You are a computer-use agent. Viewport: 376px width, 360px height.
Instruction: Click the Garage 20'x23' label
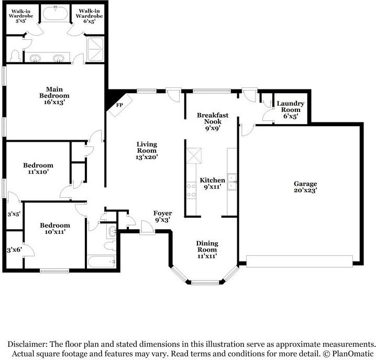pyautogui.click(x=305, y=187)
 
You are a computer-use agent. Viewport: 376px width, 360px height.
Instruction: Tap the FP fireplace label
pyautogui.click(x=119, y=105)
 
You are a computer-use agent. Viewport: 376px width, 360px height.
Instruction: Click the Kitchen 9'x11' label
pyautogui.click(x=213, y=184)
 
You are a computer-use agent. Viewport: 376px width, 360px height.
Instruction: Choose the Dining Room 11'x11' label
pyautogui.click(x=207, y=250)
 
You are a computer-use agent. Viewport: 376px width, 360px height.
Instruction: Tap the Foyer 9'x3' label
pyautogui.click(x=162, y=217)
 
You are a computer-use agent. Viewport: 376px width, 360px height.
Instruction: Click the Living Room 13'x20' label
pyautogui.click(x=147, y=150)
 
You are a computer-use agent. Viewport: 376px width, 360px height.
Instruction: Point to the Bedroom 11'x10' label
pyautogui.click(x=38, y=168)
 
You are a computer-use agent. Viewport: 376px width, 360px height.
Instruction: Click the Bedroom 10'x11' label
pyautogui.click(x=55, y=229)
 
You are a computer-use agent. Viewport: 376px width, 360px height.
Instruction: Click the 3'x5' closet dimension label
pyautogui.click(x=13, y=214)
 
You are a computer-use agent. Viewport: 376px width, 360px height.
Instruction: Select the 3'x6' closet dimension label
pyautogui.click(x=13, y=250)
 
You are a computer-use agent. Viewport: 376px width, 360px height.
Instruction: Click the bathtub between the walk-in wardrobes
pyautogui.click(x=54, y=14)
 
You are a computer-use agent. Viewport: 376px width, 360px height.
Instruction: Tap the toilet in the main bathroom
pyautogui.click(x=15, y=55)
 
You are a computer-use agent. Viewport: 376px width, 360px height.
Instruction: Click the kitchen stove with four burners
pyautogui.click(x=191, y=189)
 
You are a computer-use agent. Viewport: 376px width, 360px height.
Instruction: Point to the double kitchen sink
pyautogui.click(x=232, y=185)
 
